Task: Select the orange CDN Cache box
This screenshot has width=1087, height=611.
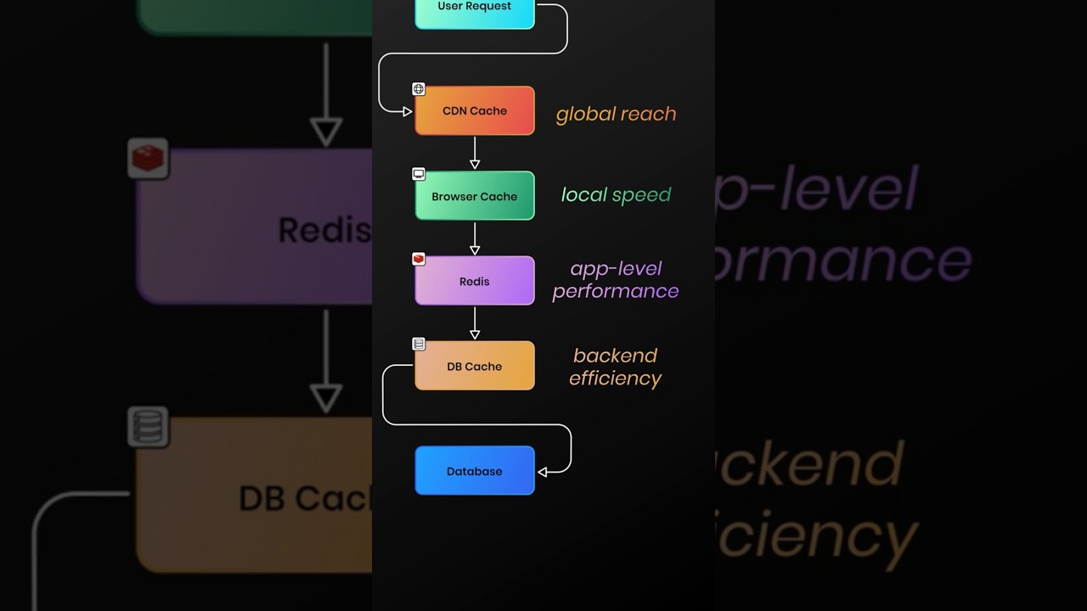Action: coord(474,110)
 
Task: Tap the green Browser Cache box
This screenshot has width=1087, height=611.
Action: coord(474,196)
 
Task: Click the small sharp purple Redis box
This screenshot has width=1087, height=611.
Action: coord(474,281)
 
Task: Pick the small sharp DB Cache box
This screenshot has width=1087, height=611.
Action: coord(474,366)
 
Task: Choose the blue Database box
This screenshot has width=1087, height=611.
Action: coord(474,471)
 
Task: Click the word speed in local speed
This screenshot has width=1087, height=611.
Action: coord(641,195)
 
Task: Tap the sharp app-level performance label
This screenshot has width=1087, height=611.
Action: coord(616,280)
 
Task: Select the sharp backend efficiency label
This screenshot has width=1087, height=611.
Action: coord(616,367)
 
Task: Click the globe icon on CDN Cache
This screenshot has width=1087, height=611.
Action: coord(419,89)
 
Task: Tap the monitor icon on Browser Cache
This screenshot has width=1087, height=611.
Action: coord(419,174)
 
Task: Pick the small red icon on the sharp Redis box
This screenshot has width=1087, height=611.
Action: coord(419,259)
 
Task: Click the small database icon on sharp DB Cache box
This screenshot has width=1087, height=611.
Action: coord(419,344)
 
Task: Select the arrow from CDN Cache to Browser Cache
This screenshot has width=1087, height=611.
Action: coord(475,153)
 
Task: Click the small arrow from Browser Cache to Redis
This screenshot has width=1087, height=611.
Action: coord(475,238)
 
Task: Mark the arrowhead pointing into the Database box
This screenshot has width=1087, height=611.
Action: coord(543,472)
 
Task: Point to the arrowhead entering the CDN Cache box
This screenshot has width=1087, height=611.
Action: coord(408,111)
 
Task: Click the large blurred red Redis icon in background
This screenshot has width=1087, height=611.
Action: coord(148,159)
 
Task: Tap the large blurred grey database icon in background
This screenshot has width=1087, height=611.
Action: coord(148,427)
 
